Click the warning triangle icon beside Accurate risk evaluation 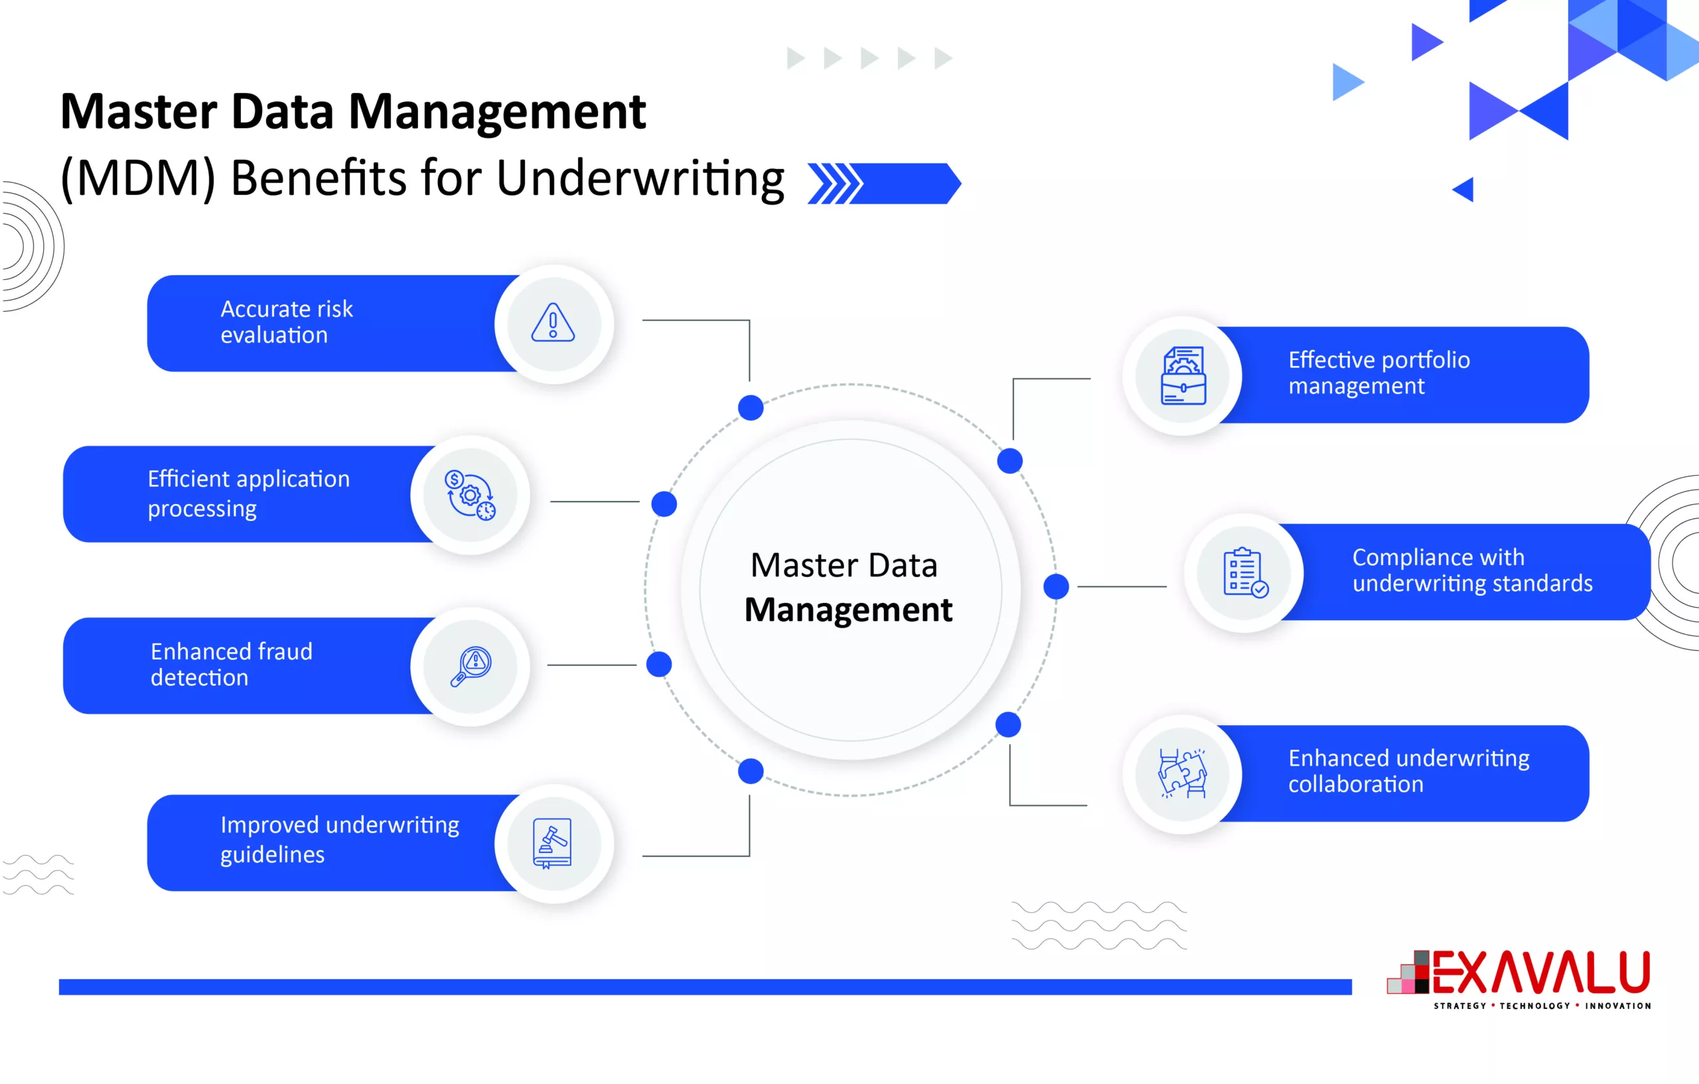(x=552, y=324)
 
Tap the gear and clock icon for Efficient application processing (x=470, y=495)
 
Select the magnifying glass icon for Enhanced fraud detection (x=471, y=667)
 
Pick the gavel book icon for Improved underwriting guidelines (x=552, y=843)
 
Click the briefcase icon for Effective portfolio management (x=1183, y=375)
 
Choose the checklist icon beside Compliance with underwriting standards (x=1244, y=573)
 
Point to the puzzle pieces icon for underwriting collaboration (x=1183, y=774)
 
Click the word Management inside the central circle (x=848, y=610)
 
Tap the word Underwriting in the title (x=640, y=178)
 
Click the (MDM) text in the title (x=137, y=178)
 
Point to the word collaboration (x=1355, y=785)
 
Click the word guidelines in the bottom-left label (x=272, y=854)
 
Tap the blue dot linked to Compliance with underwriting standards (x=1055, y=586)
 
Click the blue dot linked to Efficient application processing (x=664, y=504)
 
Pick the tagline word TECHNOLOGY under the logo (x=1534, y=1006)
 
